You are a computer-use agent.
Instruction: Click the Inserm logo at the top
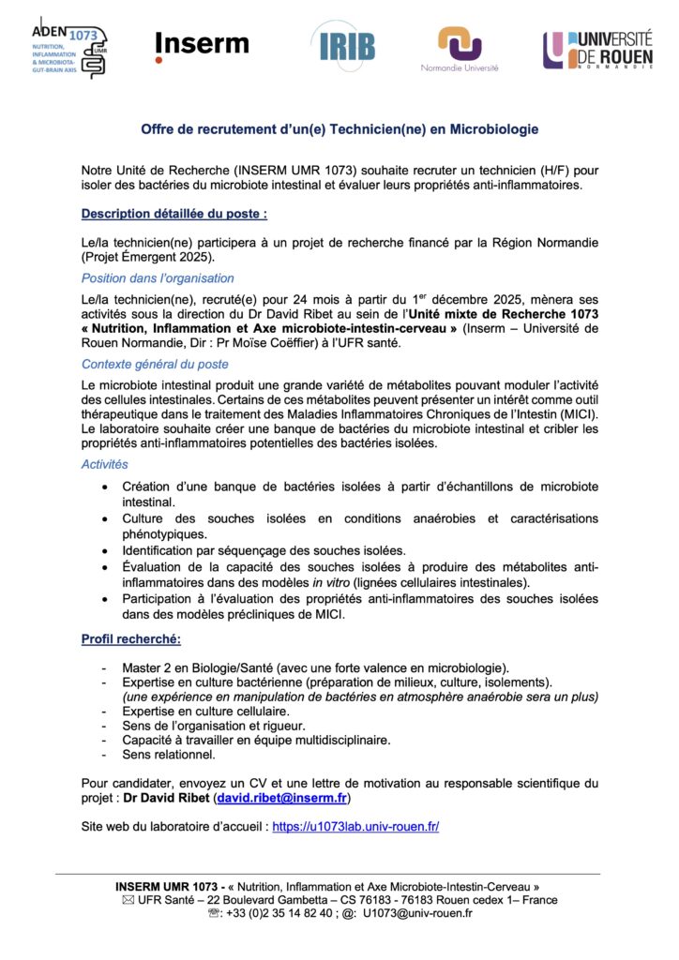pos(202,45)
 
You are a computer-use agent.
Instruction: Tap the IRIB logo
pos(345,46)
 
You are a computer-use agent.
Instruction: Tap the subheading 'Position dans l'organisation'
pos(158,277)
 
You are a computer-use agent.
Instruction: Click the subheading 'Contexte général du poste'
pos(155,364)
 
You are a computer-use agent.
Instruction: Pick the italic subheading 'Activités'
pos(105,464)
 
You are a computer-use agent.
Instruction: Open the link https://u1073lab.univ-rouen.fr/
pos(355,827)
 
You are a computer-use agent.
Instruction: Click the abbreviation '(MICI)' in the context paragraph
pos(579,414)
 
